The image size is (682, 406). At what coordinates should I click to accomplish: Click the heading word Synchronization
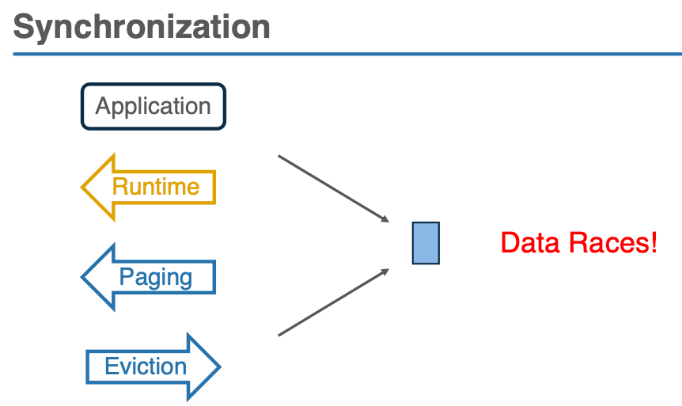click(x=142, y=27)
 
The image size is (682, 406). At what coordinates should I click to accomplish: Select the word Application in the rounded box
click(x=153, y=106)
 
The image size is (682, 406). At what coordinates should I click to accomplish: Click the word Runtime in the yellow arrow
click(x=155, y=187)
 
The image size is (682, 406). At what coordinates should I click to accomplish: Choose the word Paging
click(x=155, y=277)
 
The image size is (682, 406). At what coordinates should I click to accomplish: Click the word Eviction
click(x=146, y=366)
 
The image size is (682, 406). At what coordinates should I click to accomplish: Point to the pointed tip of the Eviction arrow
click(x=218, y=366)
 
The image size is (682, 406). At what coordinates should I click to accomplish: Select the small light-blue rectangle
click(x=426, y=243)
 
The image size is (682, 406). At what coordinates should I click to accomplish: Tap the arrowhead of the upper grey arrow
click(x=386, y=220)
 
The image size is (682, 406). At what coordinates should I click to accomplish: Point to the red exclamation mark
click(x=653, y=242)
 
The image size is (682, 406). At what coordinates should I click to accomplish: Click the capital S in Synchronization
click(x=25, y=27)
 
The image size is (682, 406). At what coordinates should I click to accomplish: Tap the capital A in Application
click(x=103, y=106)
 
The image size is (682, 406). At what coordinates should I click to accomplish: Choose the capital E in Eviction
click(x=112, y=366)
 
